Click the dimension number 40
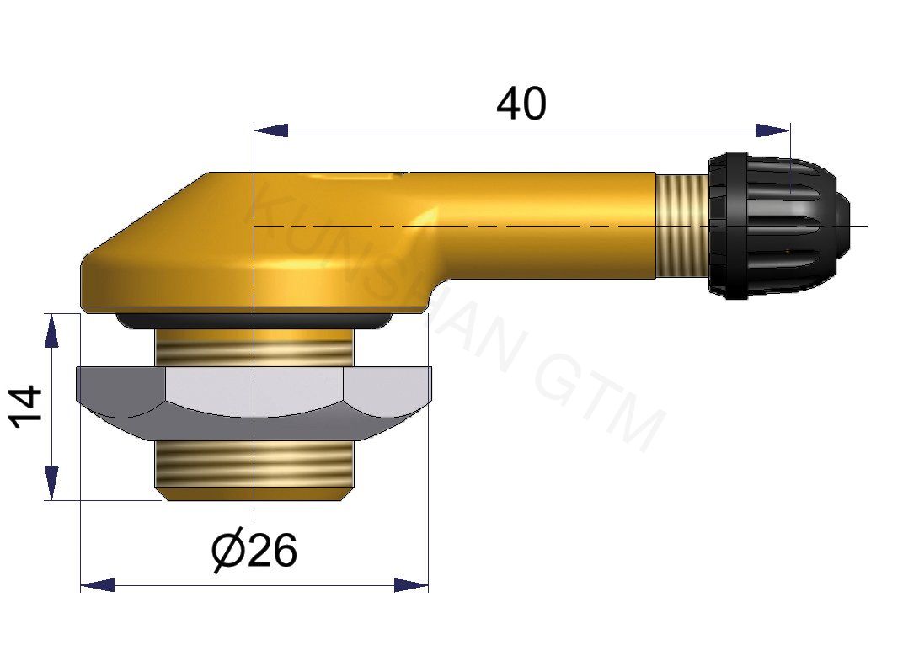click(521, 105)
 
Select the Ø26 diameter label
click(254, 552)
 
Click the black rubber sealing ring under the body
click(253, 322)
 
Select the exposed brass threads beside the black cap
click(681, 226)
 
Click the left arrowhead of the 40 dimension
click(270, 131)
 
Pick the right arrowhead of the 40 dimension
click(773, 131)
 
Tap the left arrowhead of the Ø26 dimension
click(98, 584)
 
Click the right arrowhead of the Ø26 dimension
click(411, 584)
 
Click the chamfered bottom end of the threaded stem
click(253, 494)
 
